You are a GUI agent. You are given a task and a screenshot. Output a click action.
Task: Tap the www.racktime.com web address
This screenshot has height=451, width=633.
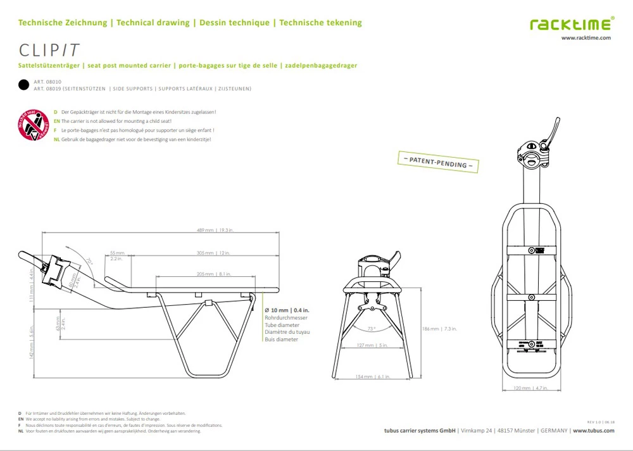(x=586, y=38)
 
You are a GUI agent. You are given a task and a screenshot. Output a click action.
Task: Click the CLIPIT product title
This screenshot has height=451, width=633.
(x=49, y=50)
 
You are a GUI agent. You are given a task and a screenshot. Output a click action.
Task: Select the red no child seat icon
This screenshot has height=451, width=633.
(x=33, y=125)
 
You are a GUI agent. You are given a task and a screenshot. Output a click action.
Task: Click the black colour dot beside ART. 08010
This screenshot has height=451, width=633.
(x=23, y=85)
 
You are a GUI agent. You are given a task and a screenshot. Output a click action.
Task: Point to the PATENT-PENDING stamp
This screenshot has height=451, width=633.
(x=437, y=162)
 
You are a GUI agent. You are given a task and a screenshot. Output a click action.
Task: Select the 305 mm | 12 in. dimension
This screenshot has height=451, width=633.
(x=213, y=253)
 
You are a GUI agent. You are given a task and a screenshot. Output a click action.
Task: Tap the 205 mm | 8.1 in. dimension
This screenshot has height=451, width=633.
(x=213, y=274)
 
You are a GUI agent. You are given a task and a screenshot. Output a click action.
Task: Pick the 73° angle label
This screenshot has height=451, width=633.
(x=371, y=329)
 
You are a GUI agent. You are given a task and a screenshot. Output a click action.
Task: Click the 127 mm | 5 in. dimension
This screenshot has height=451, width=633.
(x=372, y=345)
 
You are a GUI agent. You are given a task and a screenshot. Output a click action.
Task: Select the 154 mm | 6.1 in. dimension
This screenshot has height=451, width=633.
(x=372, y=376)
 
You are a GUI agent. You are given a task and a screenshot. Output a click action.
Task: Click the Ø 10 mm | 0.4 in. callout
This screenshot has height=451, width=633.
(x=286, y=310)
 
